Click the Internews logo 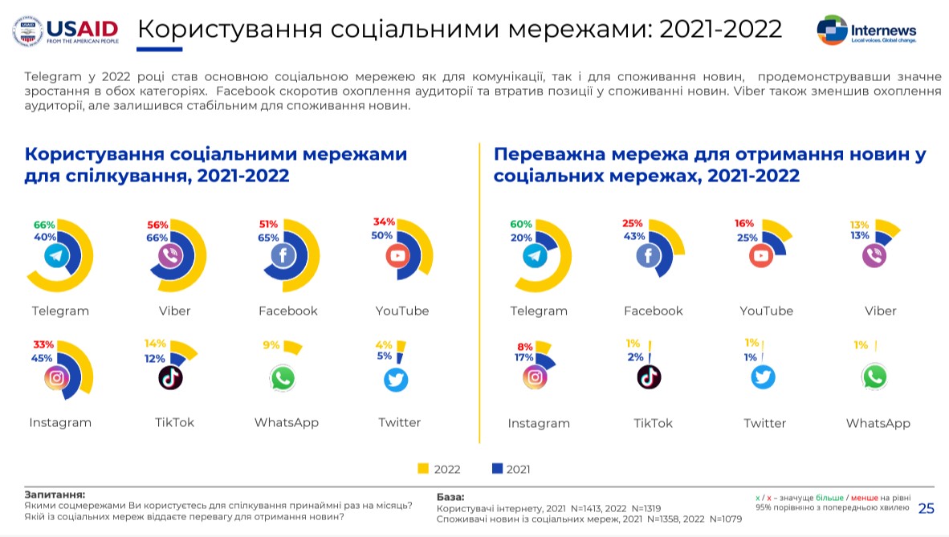866,30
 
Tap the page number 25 926,508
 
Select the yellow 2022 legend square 423,469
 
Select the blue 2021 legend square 496,469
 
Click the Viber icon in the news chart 874,256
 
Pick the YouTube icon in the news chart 761,256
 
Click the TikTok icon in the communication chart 170,377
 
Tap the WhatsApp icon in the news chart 874,376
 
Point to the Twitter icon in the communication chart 396,379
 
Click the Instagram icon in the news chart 536,376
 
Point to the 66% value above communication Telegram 43,225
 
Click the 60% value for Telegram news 522,224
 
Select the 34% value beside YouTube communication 384,222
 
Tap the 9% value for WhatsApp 271,345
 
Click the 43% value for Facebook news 635,236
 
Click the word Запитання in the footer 55,494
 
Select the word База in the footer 450,497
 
